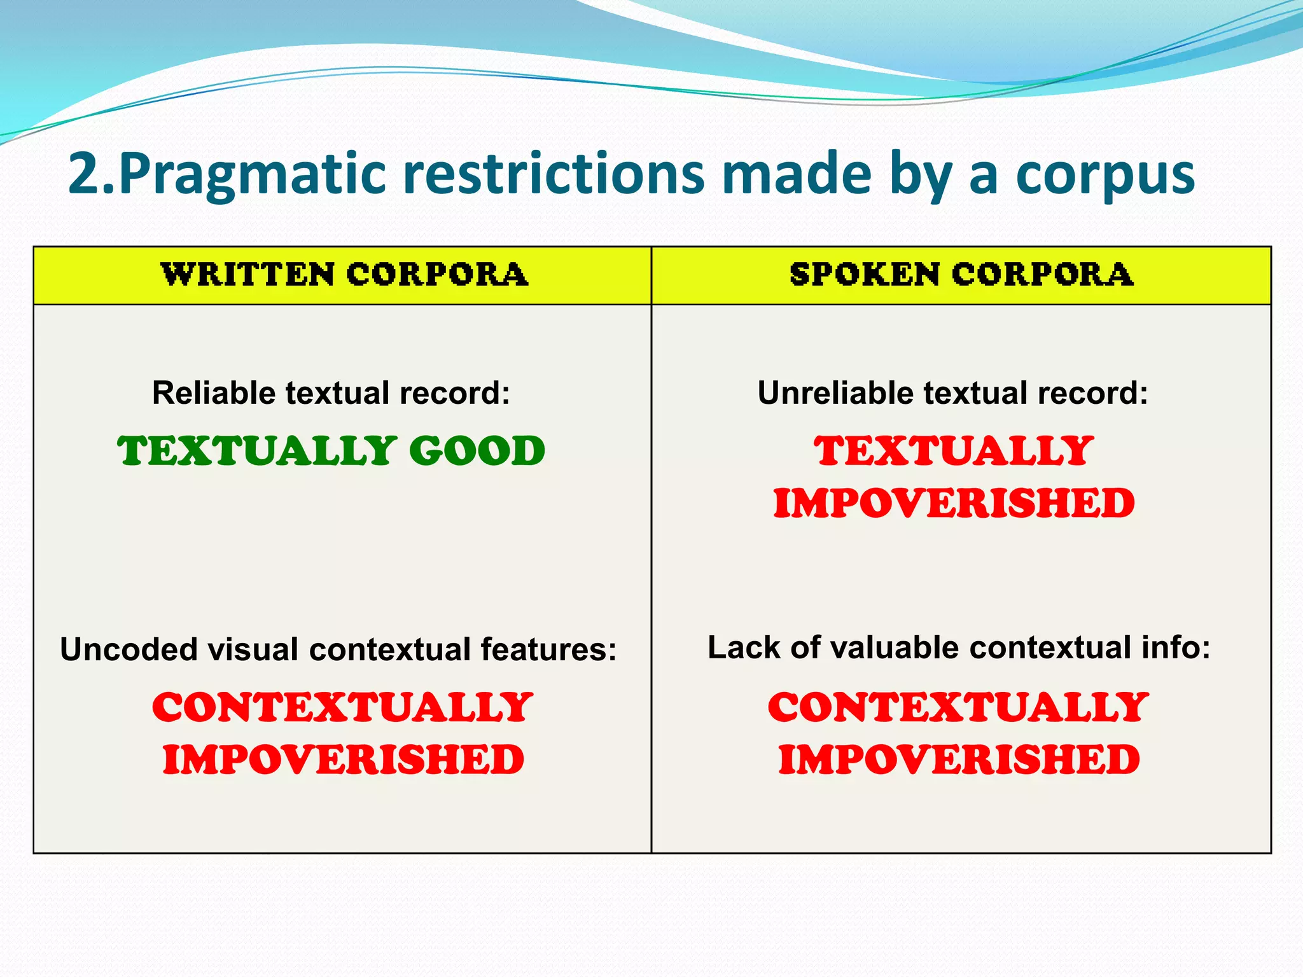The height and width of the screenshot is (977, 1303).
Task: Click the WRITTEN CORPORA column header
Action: pos(344,275)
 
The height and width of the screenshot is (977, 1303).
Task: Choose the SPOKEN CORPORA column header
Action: pos(961,275)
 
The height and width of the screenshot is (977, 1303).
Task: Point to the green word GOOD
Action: pos(477,451)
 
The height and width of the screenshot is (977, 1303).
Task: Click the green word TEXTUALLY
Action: pos(257,451)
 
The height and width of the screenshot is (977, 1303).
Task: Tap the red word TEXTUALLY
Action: pos(954,451)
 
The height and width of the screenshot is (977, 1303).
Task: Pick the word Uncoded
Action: pos(129,649)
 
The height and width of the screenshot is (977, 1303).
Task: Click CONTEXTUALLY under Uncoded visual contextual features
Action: pos(342,707)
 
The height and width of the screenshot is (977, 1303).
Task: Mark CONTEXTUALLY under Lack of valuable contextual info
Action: pos(958,707)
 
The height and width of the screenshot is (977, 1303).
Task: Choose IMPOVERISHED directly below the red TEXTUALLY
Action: pos(954,504)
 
